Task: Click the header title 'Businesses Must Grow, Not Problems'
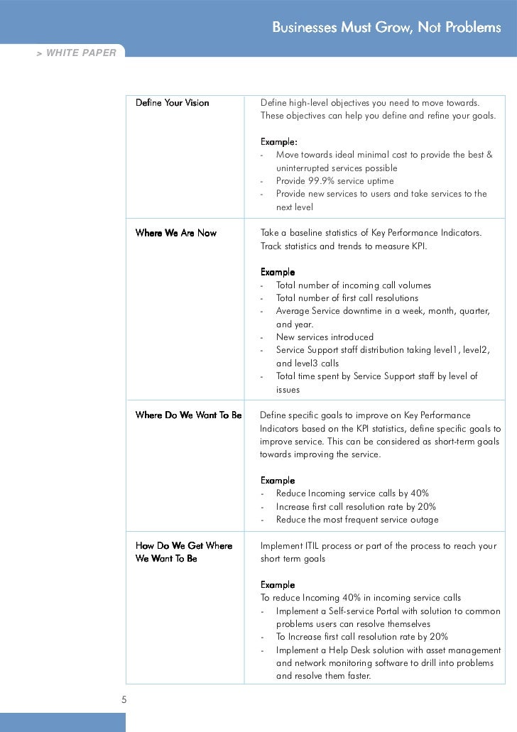tap(386, 28)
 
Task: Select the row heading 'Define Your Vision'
tap(172, 103)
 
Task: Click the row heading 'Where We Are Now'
tap(175, 233)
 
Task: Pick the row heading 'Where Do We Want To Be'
tap(188, 415)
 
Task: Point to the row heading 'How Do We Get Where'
tap(184, 545)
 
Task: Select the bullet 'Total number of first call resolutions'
tap(347, 298)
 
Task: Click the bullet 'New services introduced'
tap(324, 337)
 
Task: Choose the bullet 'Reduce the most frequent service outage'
tap(357, 520)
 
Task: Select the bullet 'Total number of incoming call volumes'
tap(353, 285)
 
